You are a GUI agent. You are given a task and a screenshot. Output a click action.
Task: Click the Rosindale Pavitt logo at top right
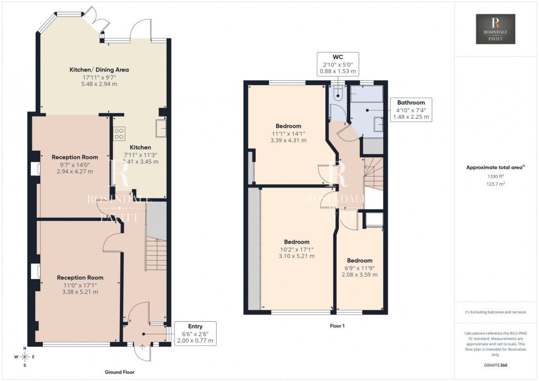[x=495, y=29]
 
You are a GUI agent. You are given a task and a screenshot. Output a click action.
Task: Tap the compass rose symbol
[x=24, y=357]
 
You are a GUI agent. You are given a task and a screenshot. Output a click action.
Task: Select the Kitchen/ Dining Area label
[x=99, y=70]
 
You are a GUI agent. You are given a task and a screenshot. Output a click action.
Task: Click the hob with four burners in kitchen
[x=119, y=132]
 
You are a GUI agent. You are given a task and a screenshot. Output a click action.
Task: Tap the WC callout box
[x=338, y=64]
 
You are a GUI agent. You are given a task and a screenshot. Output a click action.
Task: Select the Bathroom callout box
[x=411, y=109]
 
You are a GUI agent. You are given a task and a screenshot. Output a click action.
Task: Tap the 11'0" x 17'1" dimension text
[x=80, y=285]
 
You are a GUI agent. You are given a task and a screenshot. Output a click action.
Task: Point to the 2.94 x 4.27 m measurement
[x=74, y=172]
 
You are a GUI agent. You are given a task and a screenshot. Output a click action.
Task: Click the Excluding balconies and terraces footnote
[x=495, y=312]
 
